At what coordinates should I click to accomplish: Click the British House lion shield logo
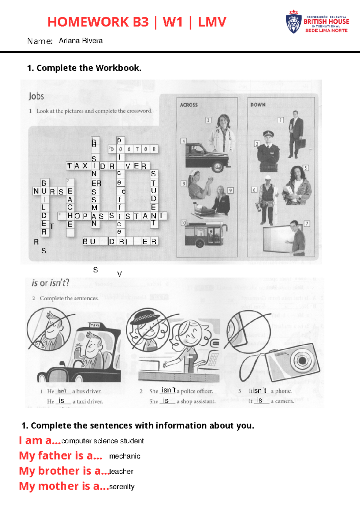[x=293, y=22]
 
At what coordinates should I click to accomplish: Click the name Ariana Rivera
[x=81, y=41]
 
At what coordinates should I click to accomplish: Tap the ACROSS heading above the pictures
[x=189, y=105]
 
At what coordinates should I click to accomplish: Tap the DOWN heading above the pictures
[x=258, y=105]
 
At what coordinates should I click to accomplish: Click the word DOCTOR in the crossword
[x=133, y=149]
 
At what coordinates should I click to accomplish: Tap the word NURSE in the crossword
[x=53, y=191]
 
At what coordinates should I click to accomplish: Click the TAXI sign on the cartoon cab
[x=95, y=325]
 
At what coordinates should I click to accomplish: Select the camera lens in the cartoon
[x=299, y=360]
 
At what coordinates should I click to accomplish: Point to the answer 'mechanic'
[x=124, y=456]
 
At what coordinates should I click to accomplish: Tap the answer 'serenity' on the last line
[x=122, y=487]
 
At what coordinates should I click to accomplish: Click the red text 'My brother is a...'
[x=64, y=471]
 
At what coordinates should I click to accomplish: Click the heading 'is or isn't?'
[x=50, y=283]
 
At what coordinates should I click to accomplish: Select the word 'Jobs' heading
[x=36, y=96]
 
